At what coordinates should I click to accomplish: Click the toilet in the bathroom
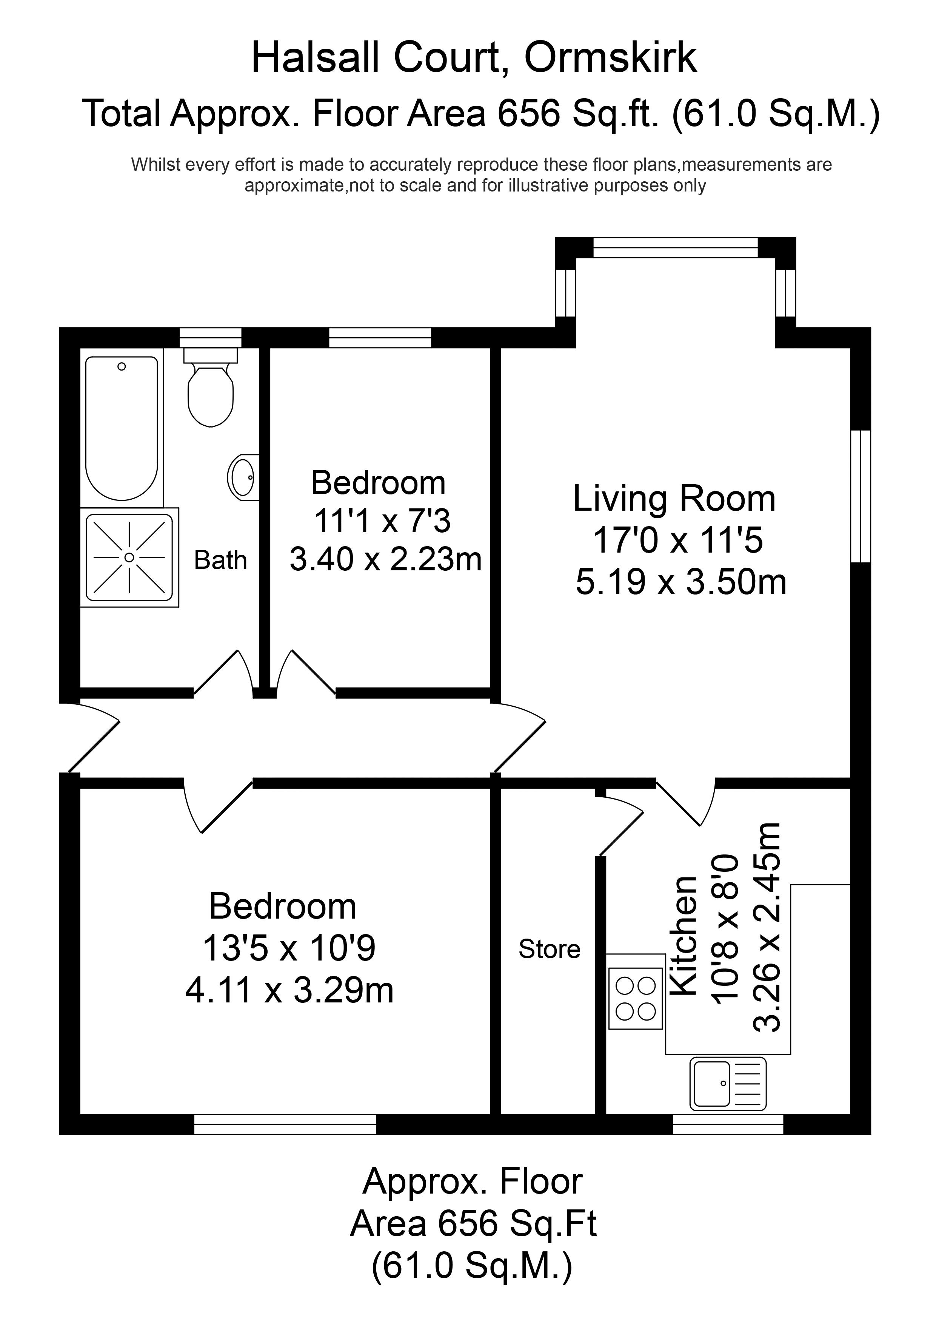pos(211,387)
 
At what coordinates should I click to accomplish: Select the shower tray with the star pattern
pos(129,557)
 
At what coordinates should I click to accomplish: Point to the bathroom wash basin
pos(243,477)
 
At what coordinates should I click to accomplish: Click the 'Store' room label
pos(549,949)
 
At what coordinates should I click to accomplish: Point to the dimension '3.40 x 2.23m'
pos(385,559)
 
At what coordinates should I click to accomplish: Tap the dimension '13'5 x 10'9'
pos(289,948)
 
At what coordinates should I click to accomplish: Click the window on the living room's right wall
pos(861,496)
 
